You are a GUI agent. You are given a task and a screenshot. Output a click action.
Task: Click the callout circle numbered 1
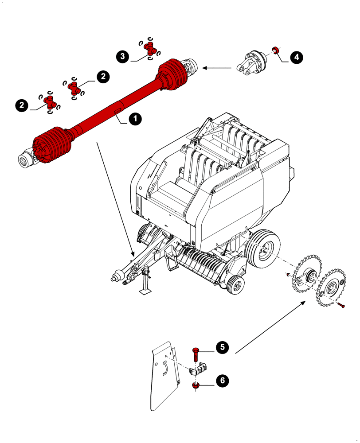[135, 119]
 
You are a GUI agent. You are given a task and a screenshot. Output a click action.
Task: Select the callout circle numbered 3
[123, 56]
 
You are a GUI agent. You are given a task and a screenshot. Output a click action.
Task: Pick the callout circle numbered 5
[222, 347]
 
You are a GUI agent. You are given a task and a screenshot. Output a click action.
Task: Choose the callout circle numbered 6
[222, 380]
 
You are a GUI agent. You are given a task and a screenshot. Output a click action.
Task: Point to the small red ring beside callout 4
[275, 49]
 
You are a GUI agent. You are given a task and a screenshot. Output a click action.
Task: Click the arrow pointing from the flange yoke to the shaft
[217, 68]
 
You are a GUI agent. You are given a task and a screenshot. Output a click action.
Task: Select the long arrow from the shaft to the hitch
[115, 199]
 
